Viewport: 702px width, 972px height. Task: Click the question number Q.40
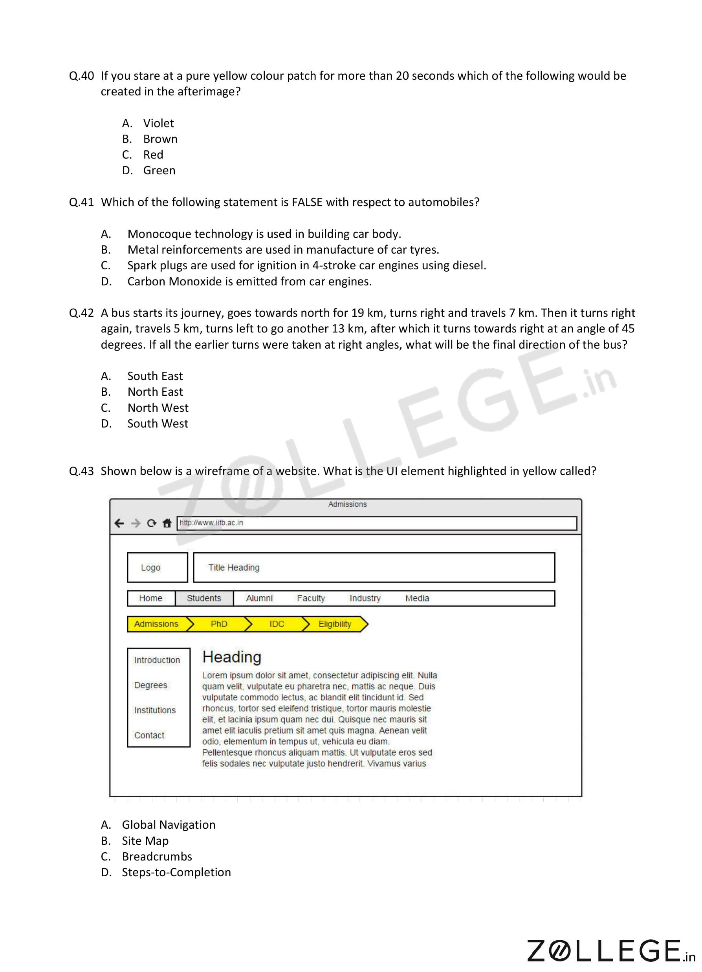click(x=81, y=76)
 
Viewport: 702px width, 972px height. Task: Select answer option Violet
click(x=158, y=123)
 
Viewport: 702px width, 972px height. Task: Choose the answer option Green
click(x=159, y=171)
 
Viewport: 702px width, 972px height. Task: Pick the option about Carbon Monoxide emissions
click(x=249, y=281)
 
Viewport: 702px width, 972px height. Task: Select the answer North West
click(x=158, y=407)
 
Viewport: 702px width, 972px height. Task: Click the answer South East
click(x=155, y=376)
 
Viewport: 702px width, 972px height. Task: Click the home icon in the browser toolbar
click(x=167, y=523)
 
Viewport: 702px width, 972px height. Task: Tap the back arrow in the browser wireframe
click(x=119, y=523)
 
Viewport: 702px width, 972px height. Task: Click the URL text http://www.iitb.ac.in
click(x=211, y=523)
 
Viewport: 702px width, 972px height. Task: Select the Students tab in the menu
click(x=204, y=598)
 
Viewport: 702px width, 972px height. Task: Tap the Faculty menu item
click(x=310, y=598)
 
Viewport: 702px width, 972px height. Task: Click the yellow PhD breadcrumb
click(x=219, y=624)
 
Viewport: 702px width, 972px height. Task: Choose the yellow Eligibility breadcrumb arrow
click(x=335, y=624)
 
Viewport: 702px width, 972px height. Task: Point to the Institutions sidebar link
click(x=155, y=710)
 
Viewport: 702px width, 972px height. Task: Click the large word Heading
click(x=231, y=657)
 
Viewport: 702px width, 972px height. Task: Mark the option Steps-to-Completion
click(x=176, y=872)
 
